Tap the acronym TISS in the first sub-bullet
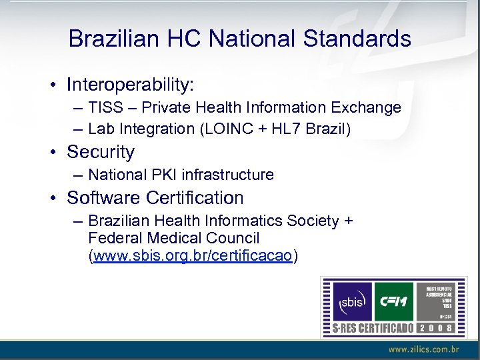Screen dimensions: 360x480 click(x=103, y=107)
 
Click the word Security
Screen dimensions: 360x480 click(x=101, y=152)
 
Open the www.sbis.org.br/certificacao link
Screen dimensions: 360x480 click(x=193, y=256)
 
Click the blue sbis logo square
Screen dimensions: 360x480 click(x=351, y=301)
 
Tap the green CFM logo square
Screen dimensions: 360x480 click(x=393, y=301)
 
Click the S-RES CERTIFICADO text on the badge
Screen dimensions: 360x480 click(x=374, y=328)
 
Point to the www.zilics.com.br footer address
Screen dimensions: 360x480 click(x=424, y=349)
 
